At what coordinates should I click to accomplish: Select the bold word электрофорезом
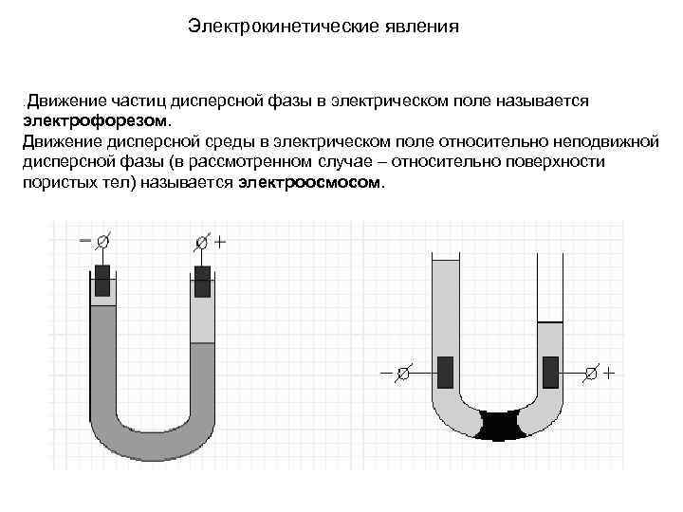click(95, 120)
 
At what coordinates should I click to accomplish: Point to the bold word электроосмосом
click(310, 182)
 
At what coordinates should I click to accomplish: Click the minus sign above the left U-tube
click(85, 241)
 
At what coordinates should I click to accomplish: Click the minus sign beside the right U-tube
click(385, 373)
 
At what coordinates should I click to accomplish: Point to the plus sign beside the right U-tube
click(608, 373)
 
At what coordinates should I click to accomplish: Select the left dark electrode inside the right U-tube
click(445, 372)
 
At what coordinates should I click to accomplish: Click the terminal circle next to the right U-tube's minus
click(402, 373)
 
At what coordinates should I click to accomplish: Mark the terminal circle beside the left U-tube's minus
click(102, 242)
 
